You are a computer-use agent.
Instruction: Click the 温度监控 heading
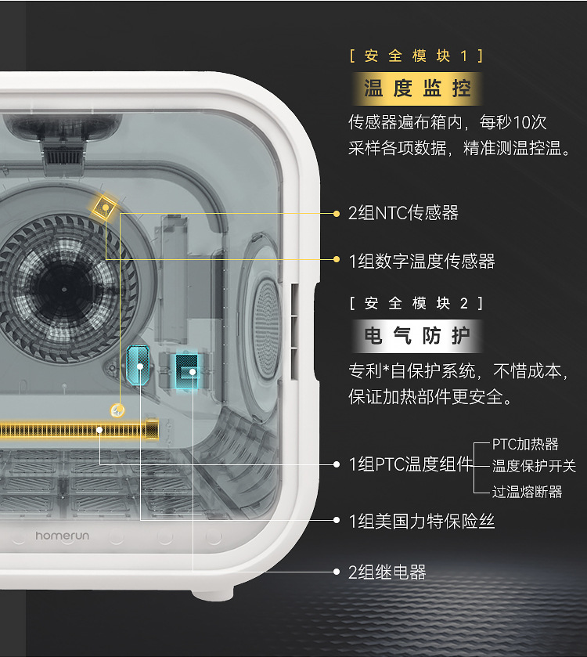click(x=417, y=88)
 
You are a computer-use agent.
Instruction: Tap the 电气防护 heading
click(x=417, y=336)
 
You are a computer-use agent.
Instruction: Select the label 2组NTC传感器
click(x=403, y=213)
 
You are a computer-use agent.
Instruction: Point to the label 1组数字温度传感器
click(x=421, y=261)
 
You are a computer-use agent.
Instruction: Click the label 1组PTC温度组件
click(x=411, y=464)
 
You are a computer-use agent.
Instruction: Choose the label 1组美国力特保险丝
click(x=421, y=521)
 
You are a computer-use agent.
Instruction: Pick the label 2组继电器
click(x=387, y=572)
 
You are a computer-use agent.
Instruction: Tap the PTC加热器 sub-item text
click(x=525, y=444)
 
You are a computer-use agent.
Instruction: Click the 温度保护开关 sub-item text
click(x=534, y=466)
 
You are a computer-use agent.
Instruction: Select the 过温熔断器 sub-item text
click(x=527, y=492)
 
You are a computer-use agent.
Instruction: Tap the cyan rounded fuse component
click(x=139, y=365)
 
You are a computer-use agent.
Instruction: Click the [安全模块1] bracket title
click(x=416, y=56)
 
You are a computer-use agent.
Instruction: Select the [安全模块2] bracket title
click(x=416, y=303)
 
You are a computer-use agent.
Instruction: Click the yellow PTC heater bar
click(x=78, y=429)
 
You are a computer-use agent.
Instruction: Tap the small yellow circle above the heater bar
click(x=118, y=409)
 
